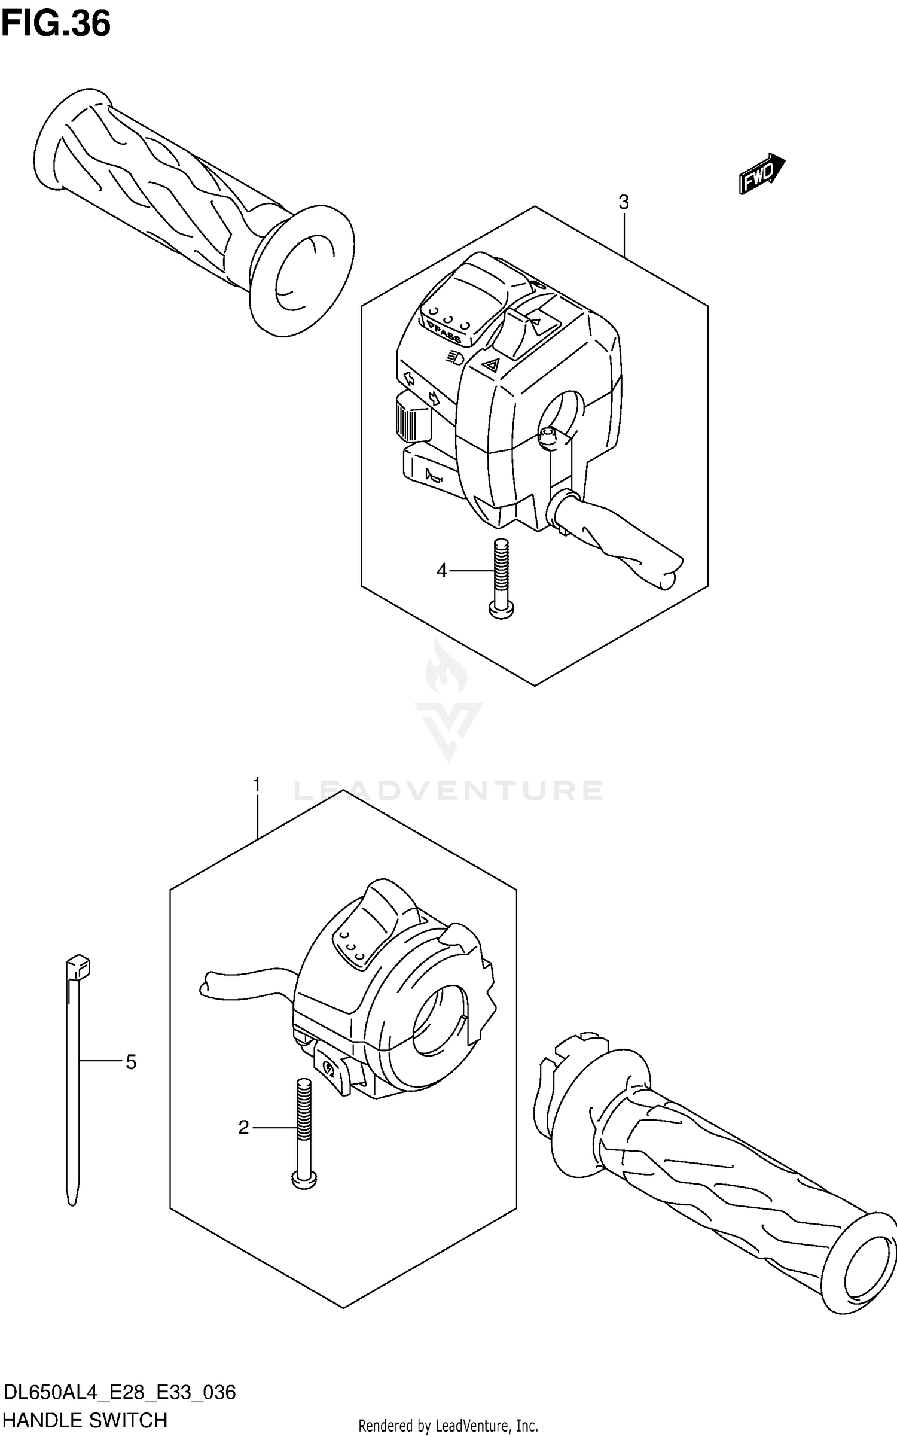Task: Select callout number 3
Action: [x=623, y=203]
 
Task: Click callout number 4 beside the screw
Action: [x=441, y=571]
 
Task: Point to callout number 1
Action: [x=257, y=784]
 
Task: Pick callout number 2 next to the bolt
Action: [x=243, y=1128]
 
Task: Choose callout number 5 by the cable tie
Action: [x=131, y=1062]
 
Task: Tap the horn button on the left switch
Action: [x=431, y=476]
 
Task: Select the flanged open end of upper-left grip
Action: [x=302, y=272]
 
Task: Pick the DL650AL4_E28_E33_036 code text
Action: [x=120, y=1393]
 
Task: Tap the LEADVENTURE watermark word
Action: [x=448, y=791]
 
